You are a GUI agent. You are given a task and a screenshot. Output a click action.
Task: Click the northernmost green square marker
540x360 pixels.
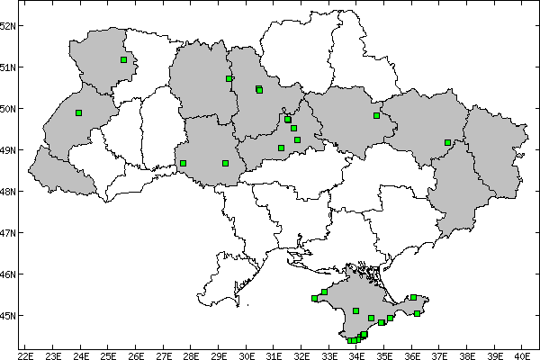click(x=123, y=60)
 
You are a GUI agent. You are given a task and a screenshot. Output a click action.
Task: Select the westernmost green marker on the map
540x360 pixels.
click(x=79, y=112)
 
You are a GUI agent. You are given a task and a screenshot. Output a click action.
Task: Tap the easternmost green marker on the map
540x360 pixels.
click(x=447, y=142)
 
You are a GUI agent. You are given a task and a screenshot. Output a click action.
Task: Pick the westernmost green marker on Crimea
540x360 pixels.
click(x=315, y=298)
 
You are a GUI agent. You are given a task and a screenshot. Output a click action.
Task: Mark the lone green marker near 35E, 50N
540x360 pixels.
click(x=376, y=115)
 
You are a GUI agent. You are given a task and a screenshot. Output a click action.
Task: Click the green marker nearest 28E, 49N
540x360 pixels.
click(x=183, y=163)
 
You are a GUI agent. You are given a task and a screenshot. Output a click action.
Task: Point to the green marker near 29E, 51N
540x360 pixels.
click(x=229, y=78)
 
